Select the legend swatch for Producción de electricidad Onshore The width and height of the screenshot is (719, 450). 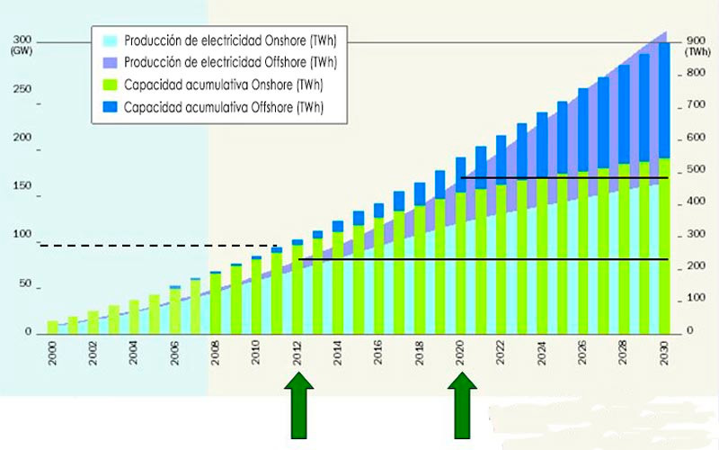110,40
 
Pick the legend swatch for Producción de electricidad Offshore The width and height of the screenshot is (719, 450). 110,63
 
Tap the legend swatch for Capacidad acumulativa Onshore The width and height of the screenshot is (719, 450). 110,85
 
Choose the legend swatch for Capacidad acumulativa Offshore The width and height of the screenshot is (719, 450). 110,108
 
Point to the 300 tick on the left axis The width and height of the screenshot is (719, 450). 22,40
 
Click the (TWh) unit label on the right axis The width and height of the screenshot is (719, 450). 697,53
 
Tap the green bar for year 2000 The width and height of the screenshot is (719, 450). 52,327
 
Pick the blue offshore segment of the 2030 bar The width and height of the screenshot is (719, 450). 664,99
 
